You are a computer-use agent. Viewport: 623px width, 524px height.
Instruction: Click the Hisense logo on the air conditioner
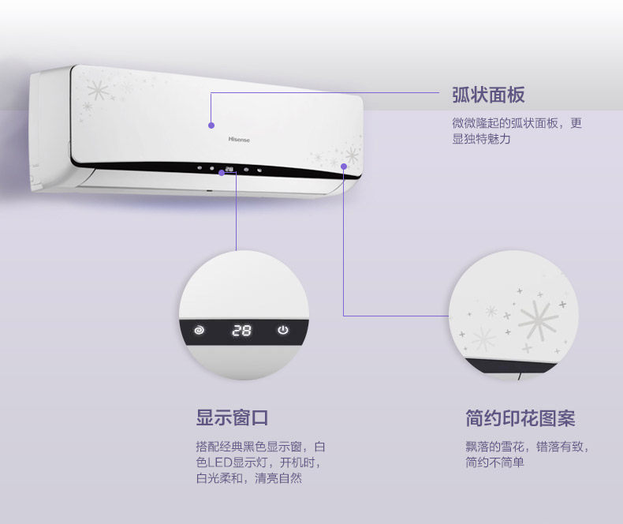click(239, 139)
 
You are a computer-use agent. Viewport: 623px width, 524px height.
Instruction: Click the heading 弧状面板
click(488, 95)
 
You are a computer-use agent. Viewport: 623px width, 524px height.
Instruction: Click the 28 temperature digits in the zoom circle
click(241, 331)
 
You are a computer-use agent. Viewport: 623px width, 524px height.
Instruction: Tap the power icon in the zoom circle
click(283, 330)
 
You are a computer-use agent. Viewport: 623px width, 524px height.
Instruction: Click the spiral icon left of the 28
click(199, 331)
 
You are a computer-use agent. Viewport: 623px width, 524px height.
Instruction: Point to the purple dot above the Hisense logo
click(211, 125)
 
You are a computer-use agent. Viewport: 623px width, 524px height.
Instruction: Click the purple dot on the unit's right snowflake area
click(344, 166)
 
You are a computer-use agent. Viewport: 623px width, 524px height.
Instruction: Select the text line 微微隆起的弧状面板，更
click(517, 123)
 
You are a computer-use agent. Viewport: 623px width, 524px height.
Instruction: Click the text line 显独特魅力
click(481, 139)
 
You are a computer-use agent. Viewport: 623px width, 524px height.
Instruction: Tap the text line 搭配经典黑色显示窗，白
click(259, 446)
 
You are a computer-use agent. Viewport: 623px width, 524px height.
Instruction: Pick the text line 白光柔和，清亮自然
click(248, 477)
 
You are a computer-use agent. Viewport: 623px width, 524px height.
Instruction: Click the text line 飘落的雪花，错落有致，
click(527, 446)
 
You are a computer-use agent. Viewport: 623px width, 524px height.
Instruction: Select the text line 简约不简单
click(494, 462)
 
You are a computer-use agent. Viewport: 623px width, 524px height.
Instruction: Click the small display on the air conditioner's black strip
click(229, 168)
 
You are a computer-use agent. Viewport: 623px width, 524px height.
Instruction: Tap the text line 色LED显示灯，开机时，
click(259, 462)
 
